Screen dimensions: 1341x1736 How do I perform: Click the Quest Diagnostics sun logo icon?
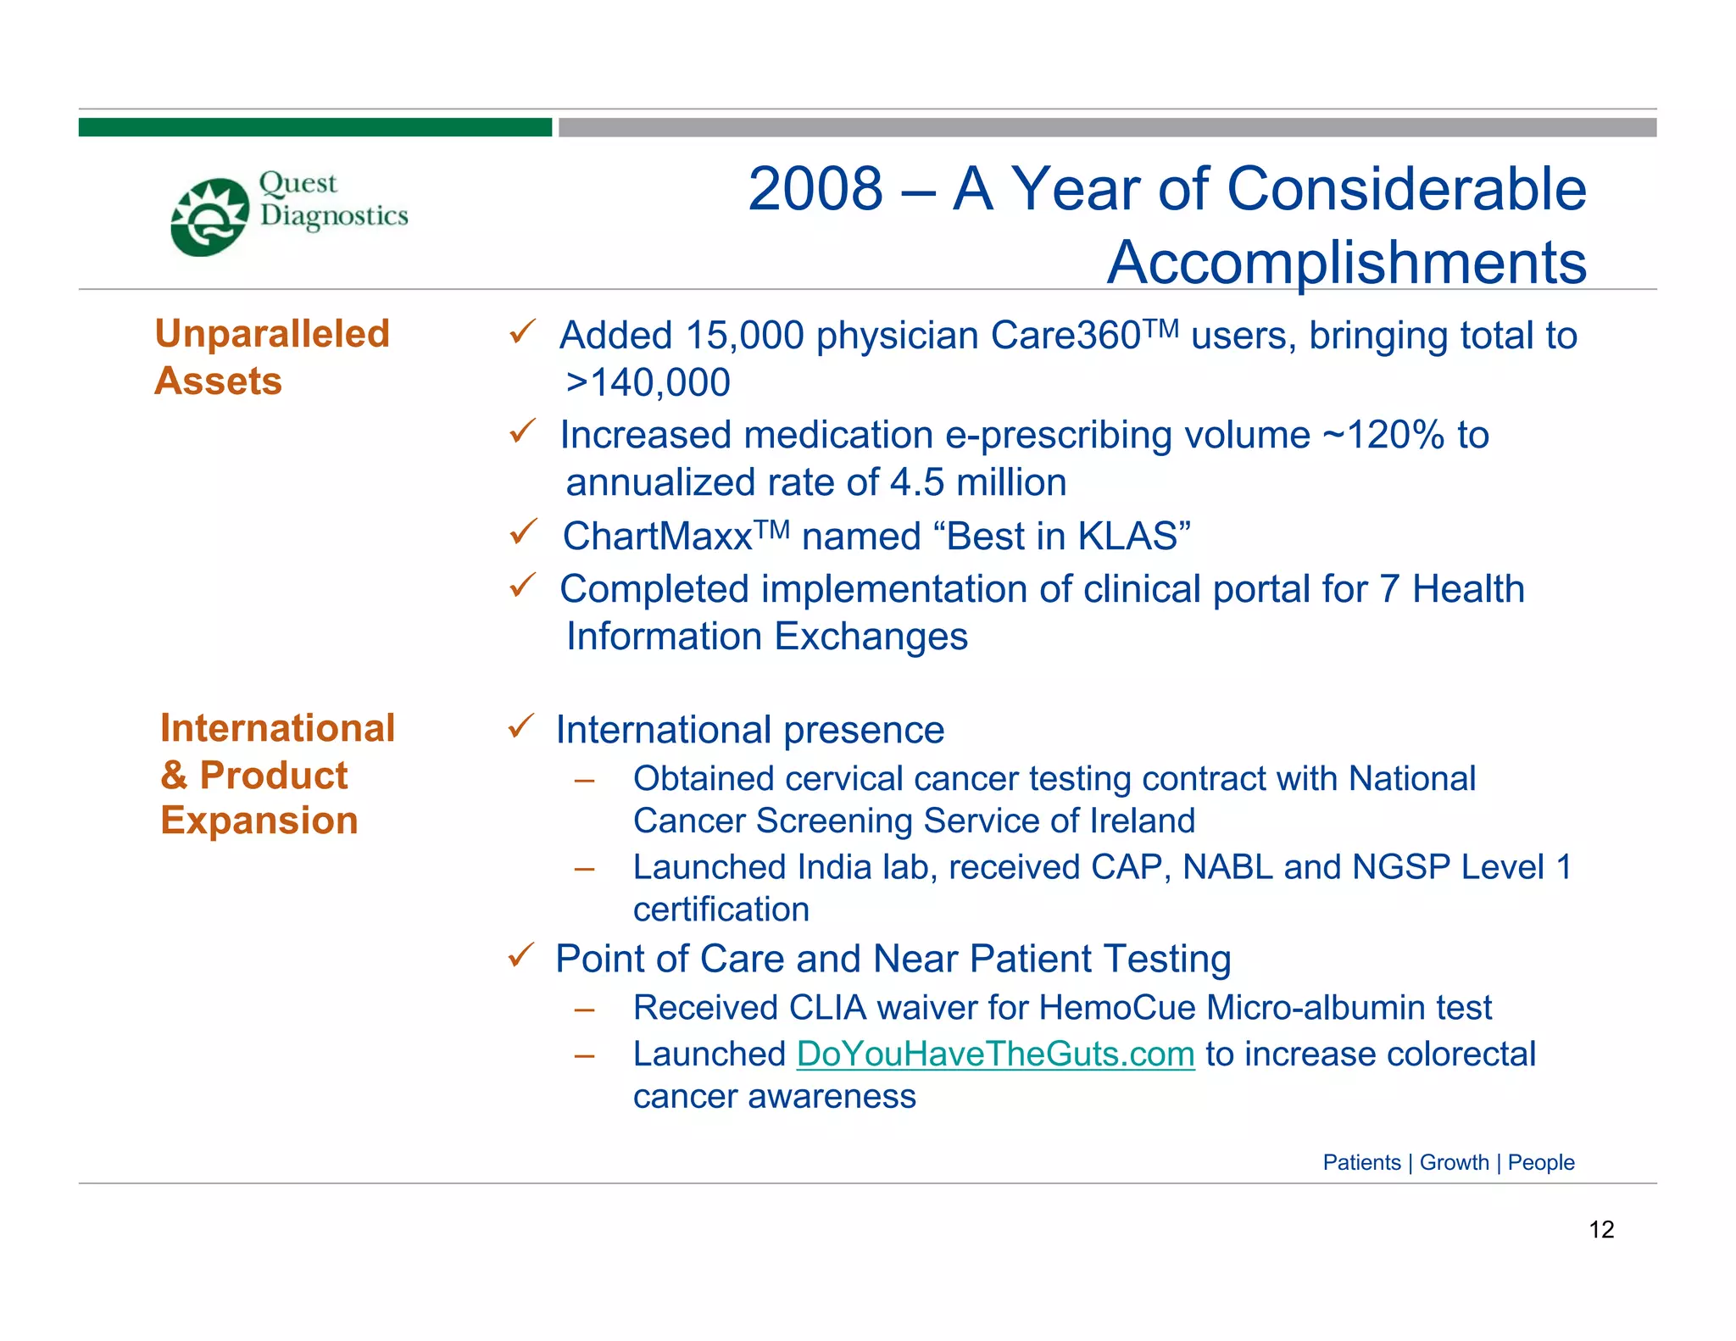point(209,217)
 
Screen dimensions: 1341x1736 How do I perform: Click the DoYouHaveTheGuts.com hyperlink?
point(995,1054)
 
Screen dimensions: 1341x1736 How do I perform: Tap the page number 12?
point(1600,1229)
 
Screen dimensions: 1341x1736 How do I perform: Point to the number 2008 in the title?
point(815,189)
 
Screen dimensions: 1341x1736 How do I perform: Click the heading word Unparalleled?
point(272,334)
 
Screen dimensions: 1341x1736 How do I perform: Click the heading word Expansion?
point(259,821)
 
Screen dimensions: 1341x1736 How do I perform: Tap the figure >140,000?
point(648,383)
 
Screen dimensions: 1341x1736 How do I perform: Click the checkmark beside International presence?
point(520,726)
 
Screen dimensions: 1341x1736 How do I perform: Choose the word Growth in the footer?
point(1454,1162)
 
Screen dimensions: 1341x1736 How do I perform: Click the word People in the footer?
point(1540,1162)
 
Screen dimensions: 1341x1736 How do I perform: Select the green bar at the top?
point(314,127)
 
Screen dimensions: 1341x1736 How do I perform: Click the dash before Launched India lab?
point(583,869)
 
